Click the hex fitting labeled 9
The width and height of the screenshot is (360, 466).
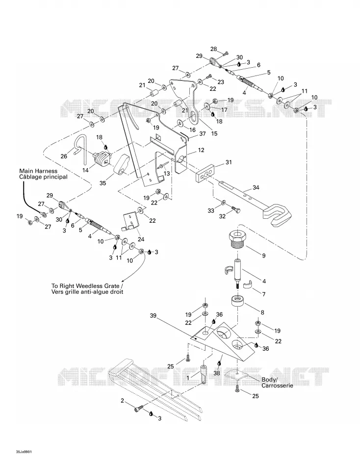pyautogui.click(x=237, y=240)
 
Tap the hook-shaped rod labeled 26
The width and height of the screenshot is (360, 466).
pyautogui.click(x=79, y=149)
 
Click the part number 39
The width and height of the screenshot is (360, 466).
pyautogui.click(x=153, y=315)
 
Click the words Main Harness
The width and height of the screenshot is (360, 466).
pyautogui.click(x=38, y=171)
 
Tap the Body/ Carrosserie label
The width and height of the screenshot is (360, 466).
pyautogui.click(x=277, y=383)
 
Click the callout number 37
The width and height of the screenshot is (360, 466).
pyautogui.click(x=203, y=134)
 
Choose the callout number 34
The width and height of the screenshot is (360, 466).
pyautogui.click(x=256, y=187)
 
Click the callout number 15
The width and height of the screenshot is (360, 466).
pyautogui.click(x=214, y=134)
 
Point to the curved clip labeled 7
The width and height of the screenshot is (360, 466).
pyautogui.click(x=248, y=285)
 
